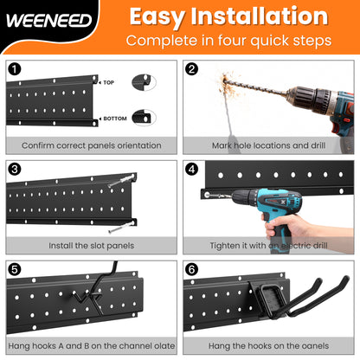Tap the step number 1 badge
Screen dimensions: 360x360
(x=14, y=67)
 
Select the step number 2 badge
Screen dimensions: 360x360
(x=191, y=67)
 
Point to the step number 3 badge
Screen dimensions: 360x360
(x=14, y=169)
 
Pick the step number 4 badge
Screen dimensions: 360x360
(x=191, y=169)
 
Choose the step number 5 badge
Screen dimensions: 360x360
(x=14, y=269)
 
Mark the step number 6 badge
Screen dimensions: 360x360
(x=191, y=269)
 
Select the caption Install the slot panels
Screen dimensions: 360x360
(x=90, y=246)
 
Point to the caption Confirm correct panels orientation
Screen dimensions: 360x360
(x=90, y=145)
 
